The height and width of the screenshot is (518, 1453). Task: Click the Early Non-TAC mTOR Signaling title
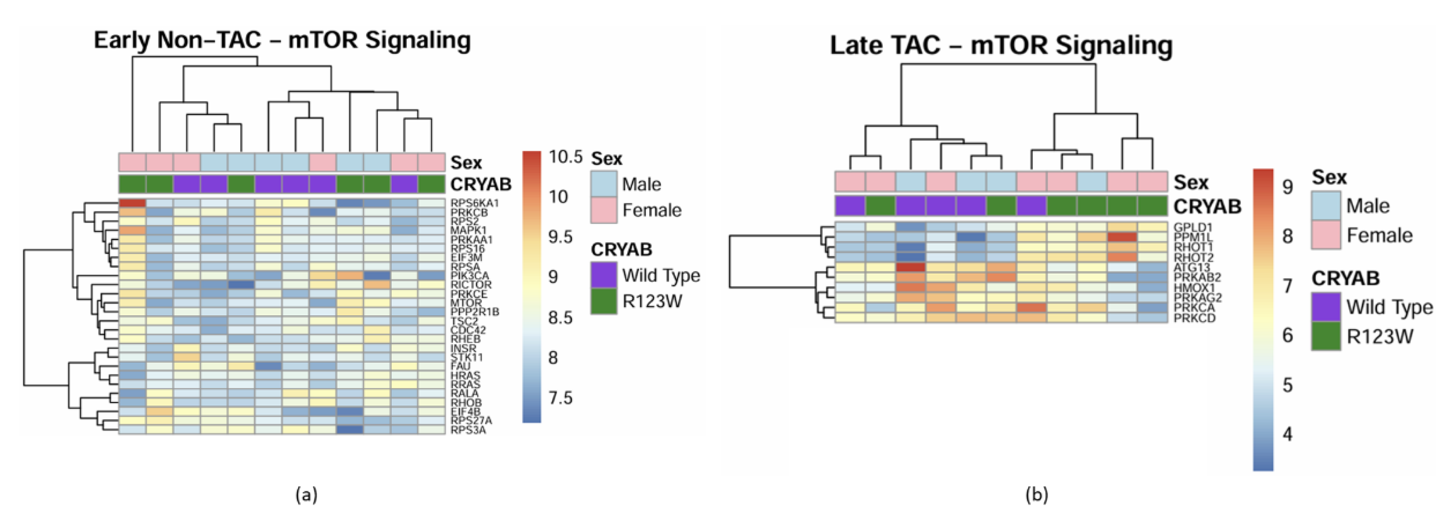[x=282, y=41]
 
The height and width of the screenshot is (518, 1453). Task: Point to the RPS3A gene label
[x=468, y=430]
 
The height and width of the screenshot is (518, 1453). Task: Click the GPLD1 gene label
[x=1193, y=227]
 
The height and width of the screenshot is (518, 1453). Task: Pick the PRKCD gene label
[x=1195, y=318]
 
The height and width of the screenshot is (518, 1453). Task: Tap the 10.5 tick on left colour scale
[x=565, y=157]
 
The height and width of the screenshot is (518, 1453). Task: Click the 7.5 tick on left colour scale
[x=560, y=398]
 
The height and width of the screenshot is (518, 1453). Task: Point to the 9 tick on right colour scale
[x=1288, y=187]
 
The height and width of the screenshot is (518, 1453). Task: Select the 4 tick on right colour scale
[x=1288, y=434]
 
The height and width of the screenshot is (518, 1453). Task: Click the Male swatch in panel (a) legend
[x=604, y=184]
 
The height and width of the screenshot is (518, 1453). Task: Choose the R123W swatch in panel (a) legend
[x=604, y=301]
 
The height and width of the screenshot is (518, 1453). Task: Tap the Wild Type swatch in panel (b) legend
[x=1326, y=307]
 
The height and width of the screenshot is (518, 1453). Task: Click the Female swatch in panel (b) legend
[x=1326, y=235]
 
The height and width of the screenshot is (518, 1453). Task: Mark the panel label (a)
[x=306, y=495]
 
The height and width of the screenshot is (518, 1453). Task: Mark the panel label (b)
[x=1036, y=495]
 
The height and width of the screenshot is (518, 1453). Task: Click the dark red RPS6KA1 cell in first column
[x=132, y=203]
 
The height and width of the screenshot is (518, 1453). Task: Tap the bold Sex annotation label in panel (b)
[x=1191, y=182]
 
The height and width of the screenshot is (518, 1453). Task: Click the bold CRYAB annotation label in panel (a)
[x=481, y=184]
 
